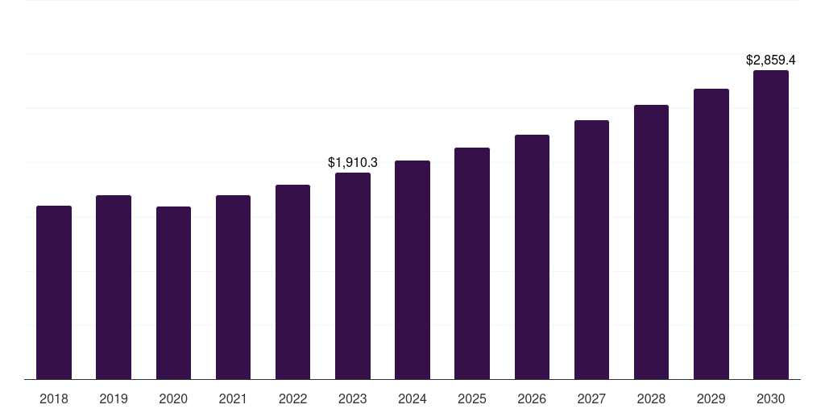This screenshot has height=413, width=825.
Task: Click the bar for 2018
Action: coord(54,292)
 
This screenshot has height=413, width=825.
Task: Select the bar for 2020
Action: coord(173,293)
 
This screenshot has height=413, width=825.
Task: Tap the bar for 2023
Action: coord(353,276)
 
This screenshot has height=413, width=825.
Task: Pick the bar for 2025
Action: coord(472,263)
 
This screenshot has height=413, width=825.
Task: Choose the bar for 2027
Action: coord(591,249)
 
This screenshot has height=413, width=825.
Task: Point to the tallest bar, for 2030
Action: coord(771,224)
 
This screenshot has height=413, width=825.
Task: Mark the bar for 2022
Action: coord(292,282)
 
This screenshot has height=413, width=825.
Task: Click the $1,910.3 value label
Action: coord(353,162)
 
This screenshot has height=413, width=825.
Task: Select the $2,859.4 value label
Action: coord(771,60)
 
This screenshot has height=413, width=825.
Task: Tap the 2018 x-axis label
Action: coord(54,398)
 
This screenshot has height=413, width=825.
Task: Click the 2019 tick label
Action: coord(114,398)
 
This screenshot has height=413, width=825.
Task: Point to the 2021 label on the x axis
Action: coord(233,398)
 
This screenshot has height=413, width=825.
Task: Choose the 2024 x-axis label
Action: coord(412,398)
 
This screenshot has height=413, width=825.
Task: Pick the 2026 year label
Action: coord(532,398)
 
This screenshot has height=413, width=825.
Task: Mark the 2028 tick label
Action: coord(651,398)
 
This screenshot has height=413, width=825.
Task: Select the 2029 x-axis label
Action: coord(711,398)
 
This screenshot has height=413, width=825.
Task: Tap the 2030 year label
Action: coord(771,398)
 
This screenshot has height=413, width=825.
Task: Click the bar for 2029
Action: coord(711,234)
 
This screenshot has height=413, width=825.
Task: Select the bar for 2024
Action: coord(412,269)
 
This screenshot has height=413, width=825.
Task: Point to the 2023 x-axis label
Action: coord(353,398)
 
